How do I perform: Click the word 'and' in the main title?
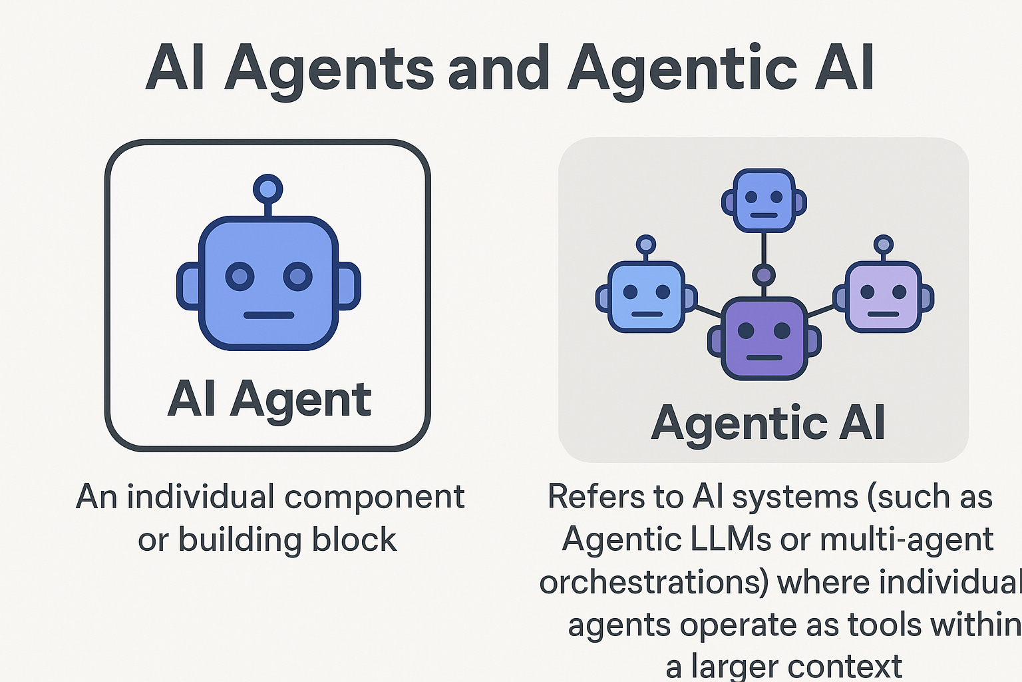[x=498, y=69]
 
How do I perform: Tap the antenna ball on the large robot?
[x=268, y=189]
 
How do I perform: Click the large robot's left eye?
[x=240, y=276]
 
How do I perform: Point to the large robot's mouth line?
[x=268, y=315]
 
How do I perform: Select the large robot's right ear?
[x=349, y=286]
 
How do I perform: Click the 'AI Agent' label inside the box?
[x=269, y=400]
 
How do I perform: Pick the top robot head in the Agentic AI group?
[x=764, y=200]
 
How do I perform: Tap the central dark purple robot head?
[x=764, y=338]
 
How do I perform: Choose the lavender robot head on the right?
[x=884, y=297]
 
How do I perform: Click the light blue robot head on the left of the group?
[x=646, y=297]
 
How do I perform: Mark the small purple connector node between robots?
[x=764, y=274]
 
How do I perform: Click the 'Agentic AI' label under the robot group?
[x=768, y=424]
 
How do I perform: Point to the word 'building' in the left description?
[x=240, y=539]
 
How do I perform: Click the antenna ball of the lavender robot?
[x=884, y=244]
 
